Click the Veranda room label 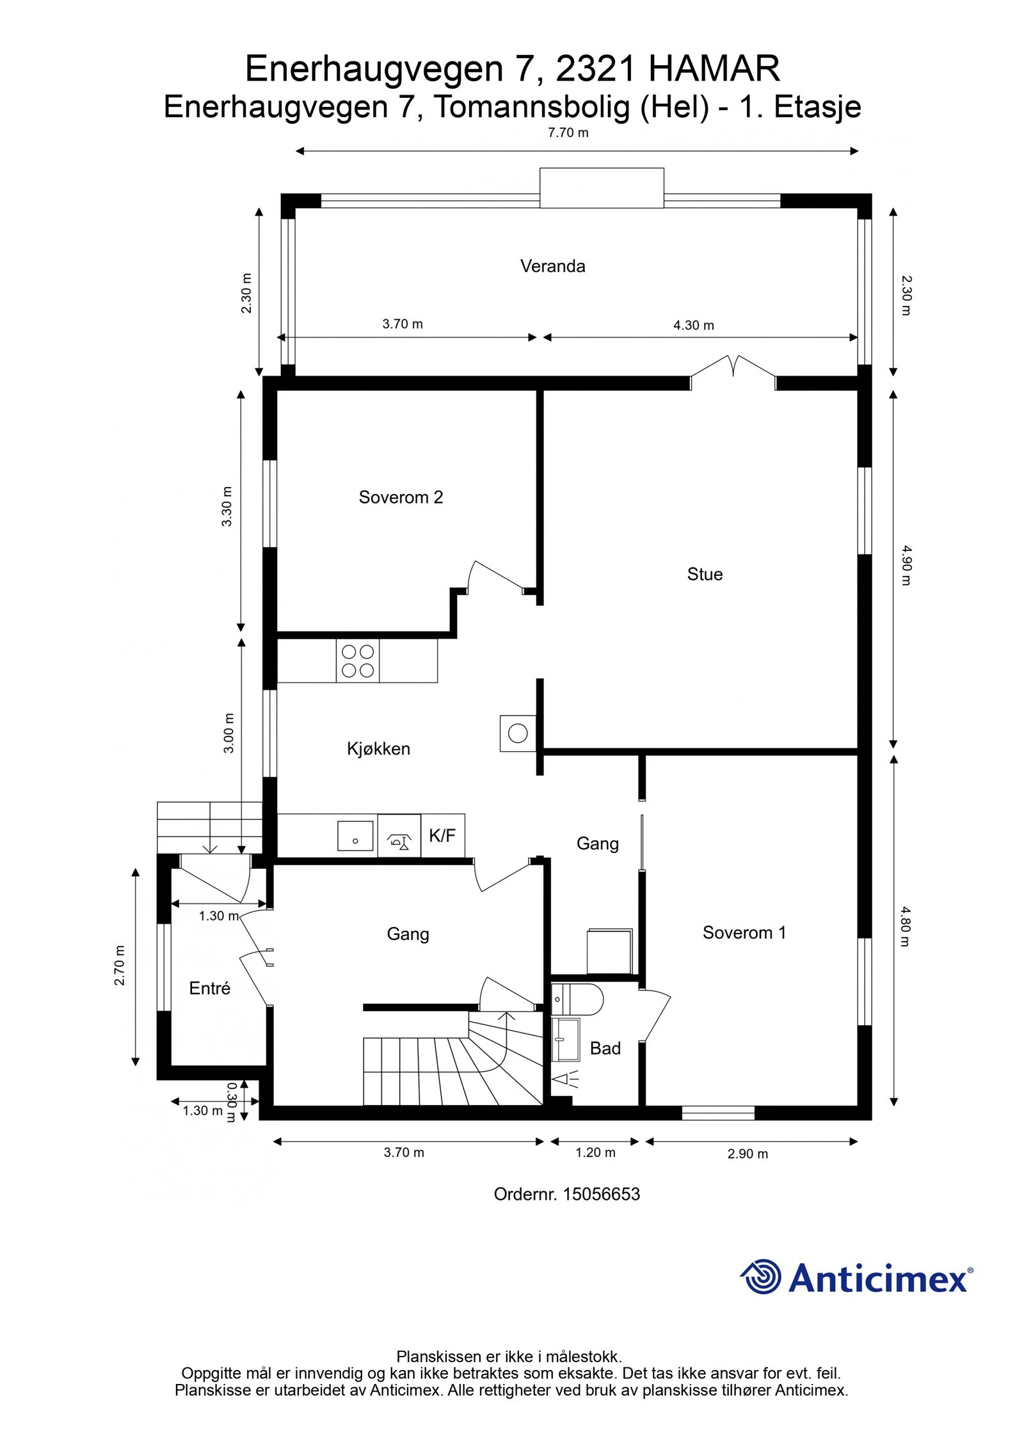pos(552,266)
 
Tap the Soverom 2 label pos(401,497)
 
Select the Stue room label pos(705,574)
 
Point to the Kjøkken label pos(378,749)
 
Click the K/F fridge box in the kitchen pos(443,836)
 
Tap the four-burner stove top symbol pos(358,661)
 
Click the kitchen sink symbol pos(355,836)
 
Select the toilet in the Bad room pos(577,999)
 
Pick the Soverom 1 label pos(744,932)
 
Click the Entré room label pos(209,988)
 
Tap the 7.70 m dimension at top pos(568,133)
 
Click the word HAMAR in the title pos(714,69)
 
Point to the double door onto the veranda pos(733,373)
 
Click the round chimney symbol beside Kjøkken pos(518,732)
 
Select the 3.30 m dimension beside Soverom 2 pos(227,506)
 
